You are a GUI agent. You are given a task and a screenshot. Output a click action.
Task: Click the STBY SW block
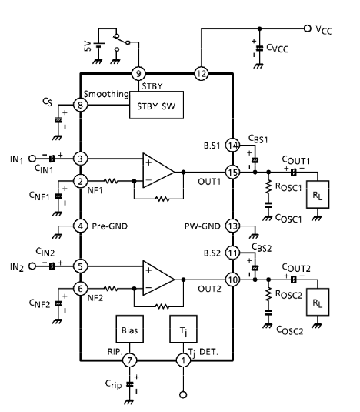click(156, 105)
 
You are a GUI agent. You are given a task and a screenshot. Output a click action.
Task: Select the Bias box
click(130, 329)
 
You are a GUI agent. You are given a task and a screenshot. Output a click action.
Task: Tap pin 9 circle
click(138, 74)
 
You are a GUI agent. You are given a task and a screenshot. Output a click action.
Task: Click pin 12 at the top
click(202, 74)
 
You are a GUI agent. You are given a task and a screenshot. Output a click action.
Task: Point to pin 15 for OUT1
click(232, 173)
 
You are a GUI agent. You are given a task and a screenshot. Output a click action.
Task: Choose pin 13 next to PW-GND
click(232, 226)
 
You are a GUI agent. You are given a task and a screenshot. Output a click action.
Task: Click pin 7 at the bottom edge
click(130, 360)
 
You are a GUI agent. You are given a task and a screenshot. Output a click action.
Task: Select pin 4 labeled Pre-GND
click(80, 226)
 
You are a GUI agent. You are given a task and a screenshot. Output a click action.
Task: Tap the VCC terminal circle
click(307, 28)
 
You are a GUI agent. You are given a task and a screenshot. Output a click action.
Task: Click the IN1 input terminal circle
click(32, 159)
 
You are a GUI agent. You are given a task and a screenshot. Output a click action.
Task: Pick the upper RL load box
click(318, 194)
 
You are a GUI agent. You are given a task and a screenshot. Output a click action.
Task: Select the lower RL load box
click(318, 302)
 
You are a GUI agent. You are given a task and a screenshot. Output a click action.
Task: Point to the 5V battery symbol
click(98, 45)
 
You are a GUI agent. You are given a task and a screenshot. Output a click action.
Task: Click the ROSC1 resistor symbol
click(268, 187)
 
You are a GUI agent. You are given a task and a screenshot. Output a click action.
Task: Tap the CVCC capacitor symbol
click(259, 49)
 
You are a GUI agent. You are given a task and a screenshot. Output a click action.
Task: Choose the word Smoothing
click(106, 94)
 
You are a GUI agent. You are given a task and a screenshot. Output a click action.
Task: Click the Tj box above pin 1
click(183, 329)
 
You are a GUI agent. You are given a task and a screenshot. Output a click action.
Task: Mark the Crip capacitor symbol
click(130, 384)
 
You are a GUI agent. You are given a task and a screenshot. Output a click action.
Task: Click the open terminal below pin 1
click(183, 394)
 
